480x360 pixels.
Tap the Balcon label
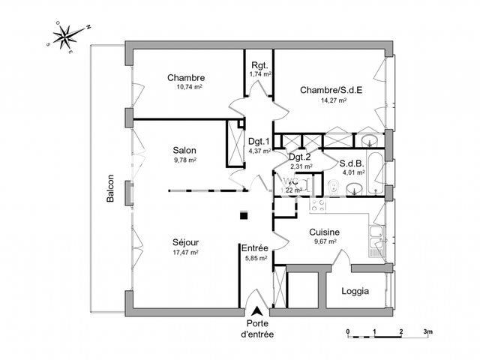pyautogui.click(x=110, y=191)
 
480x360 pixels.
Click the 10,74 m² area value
pyautogui.click(x=186, y=87)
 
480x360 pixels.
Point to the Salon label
pyautogui.click(x=184, y=150)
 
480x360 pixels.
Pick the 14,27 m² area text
pyautogui.click(x=331, y=100)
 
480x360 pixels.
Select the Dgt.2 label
pyautogui.click(x=301, y=157)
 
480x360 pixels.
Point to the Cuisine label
pyautogui.click(x=325, y=232)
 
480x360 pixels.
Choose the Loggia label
pyautogui.click(x=355, y=292)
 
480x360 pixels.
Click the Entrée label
pyautogui.click(x=254, y=247)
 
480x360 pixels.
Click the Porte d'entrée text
pyautogui.click(x=257, y=328)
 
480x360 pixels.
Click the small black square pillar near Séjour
pyautogui.click(x=242, y=217)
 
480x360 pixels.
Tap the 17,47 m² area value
pyautogui.click(x=184, y=253)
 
